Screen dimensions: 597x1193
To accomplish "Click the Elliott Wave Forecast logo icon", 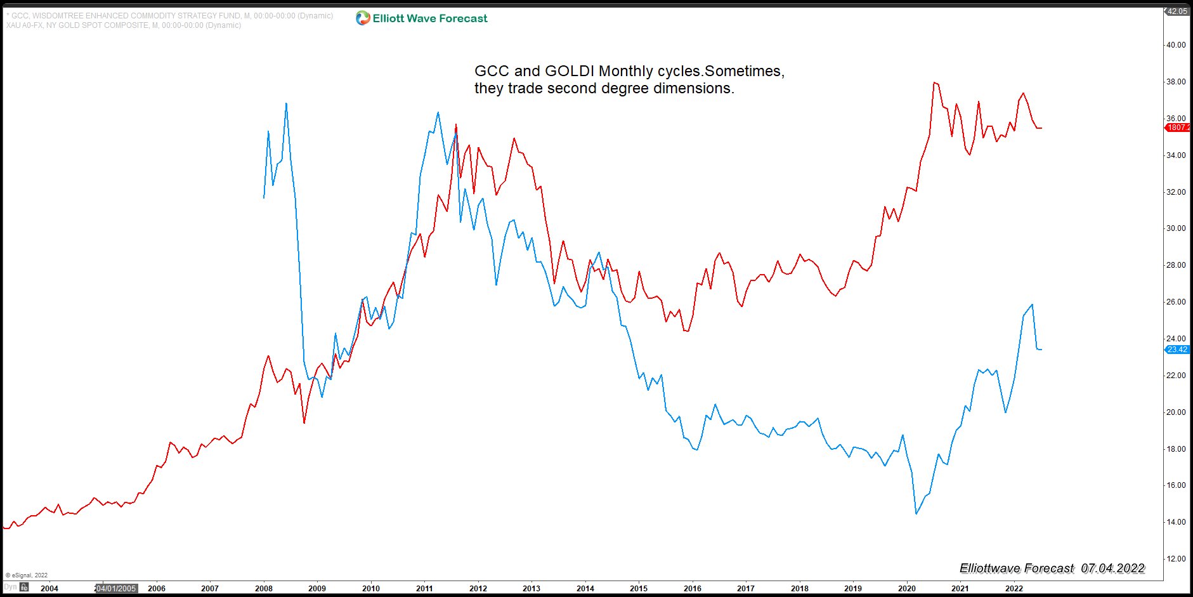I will [x=363, y=18].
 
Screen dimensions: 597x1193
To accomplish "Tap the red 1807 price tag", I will [x=1178, y=128].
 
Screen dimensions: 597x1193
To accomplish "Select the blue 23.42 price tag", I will [x=1177, y=350].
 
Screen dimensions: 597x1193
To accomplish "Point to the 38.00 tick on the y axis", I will [x=1176, y=82].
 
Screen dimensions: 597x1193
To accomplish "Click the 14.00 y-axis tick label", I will [x=1176, y=522].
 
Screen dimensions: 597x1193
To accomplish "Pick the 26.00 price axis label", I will [x=1176, y=302].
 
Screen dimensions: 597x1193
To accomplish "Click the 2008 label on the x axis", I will [x=264, y=588].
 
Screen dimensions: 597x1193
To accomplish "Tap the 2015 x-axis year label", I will [x=639, y=588].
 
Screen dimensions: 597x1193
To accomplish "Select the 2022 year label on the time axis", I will [x=1014, y=588].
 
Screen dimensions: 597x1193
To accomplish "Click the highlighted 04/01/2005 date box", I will [x=116, y=588].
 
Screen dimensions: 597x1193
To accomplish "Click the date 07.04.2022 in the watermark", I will [x=1113, y=568].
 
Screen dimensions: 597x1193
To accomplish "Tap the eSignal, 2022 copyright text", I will [x=27, y=575].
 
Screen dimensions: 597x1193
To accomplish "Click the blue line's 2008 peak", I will [x=286, y=103].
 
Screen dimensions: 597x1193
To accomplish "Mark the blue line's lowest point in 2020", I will [x=916, y=513].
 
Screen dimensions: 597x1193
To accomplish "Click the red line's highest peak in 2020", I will [x=934, y=82].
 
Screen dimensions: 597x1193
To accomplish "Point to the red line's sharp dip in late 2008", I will [x=304, y=423].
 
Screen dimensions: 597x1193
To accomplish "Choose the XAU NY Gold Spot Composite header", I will [x=124, y=25].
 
